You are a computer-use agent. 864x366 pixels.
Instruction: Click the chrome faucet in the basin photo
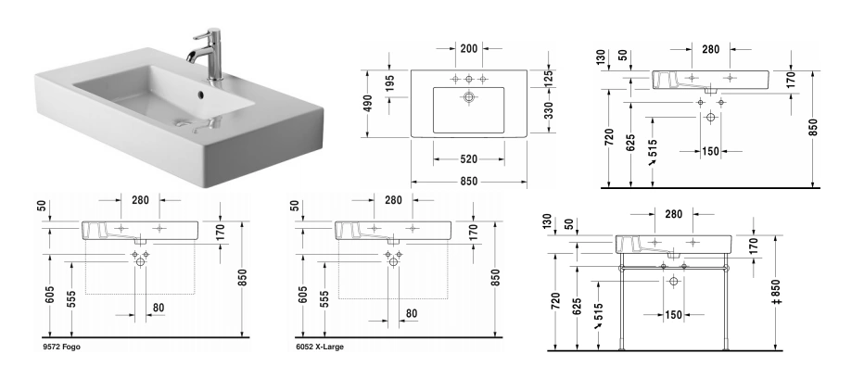[x=210, y=54]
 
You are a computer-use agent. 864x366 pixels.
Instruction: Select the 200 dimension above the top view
[x=468, y=48]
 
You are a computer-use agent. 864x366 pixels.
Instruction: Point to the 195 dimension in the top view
[x=389, y=83]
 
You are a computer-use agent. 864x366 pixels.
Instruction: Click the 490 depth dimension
[x=367, y=104]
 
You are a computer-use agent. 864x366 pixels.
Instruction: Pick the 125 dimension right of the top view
[x=548, y=79]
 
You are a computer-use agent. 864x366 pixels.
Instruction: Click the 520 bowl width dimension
[x=468, y=159]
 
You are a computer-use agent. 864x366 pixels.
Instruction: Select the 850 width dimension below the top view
[x=468, y=181]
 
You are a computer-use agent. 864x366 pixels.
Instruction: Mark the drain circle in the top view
[x=468, y=97]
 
